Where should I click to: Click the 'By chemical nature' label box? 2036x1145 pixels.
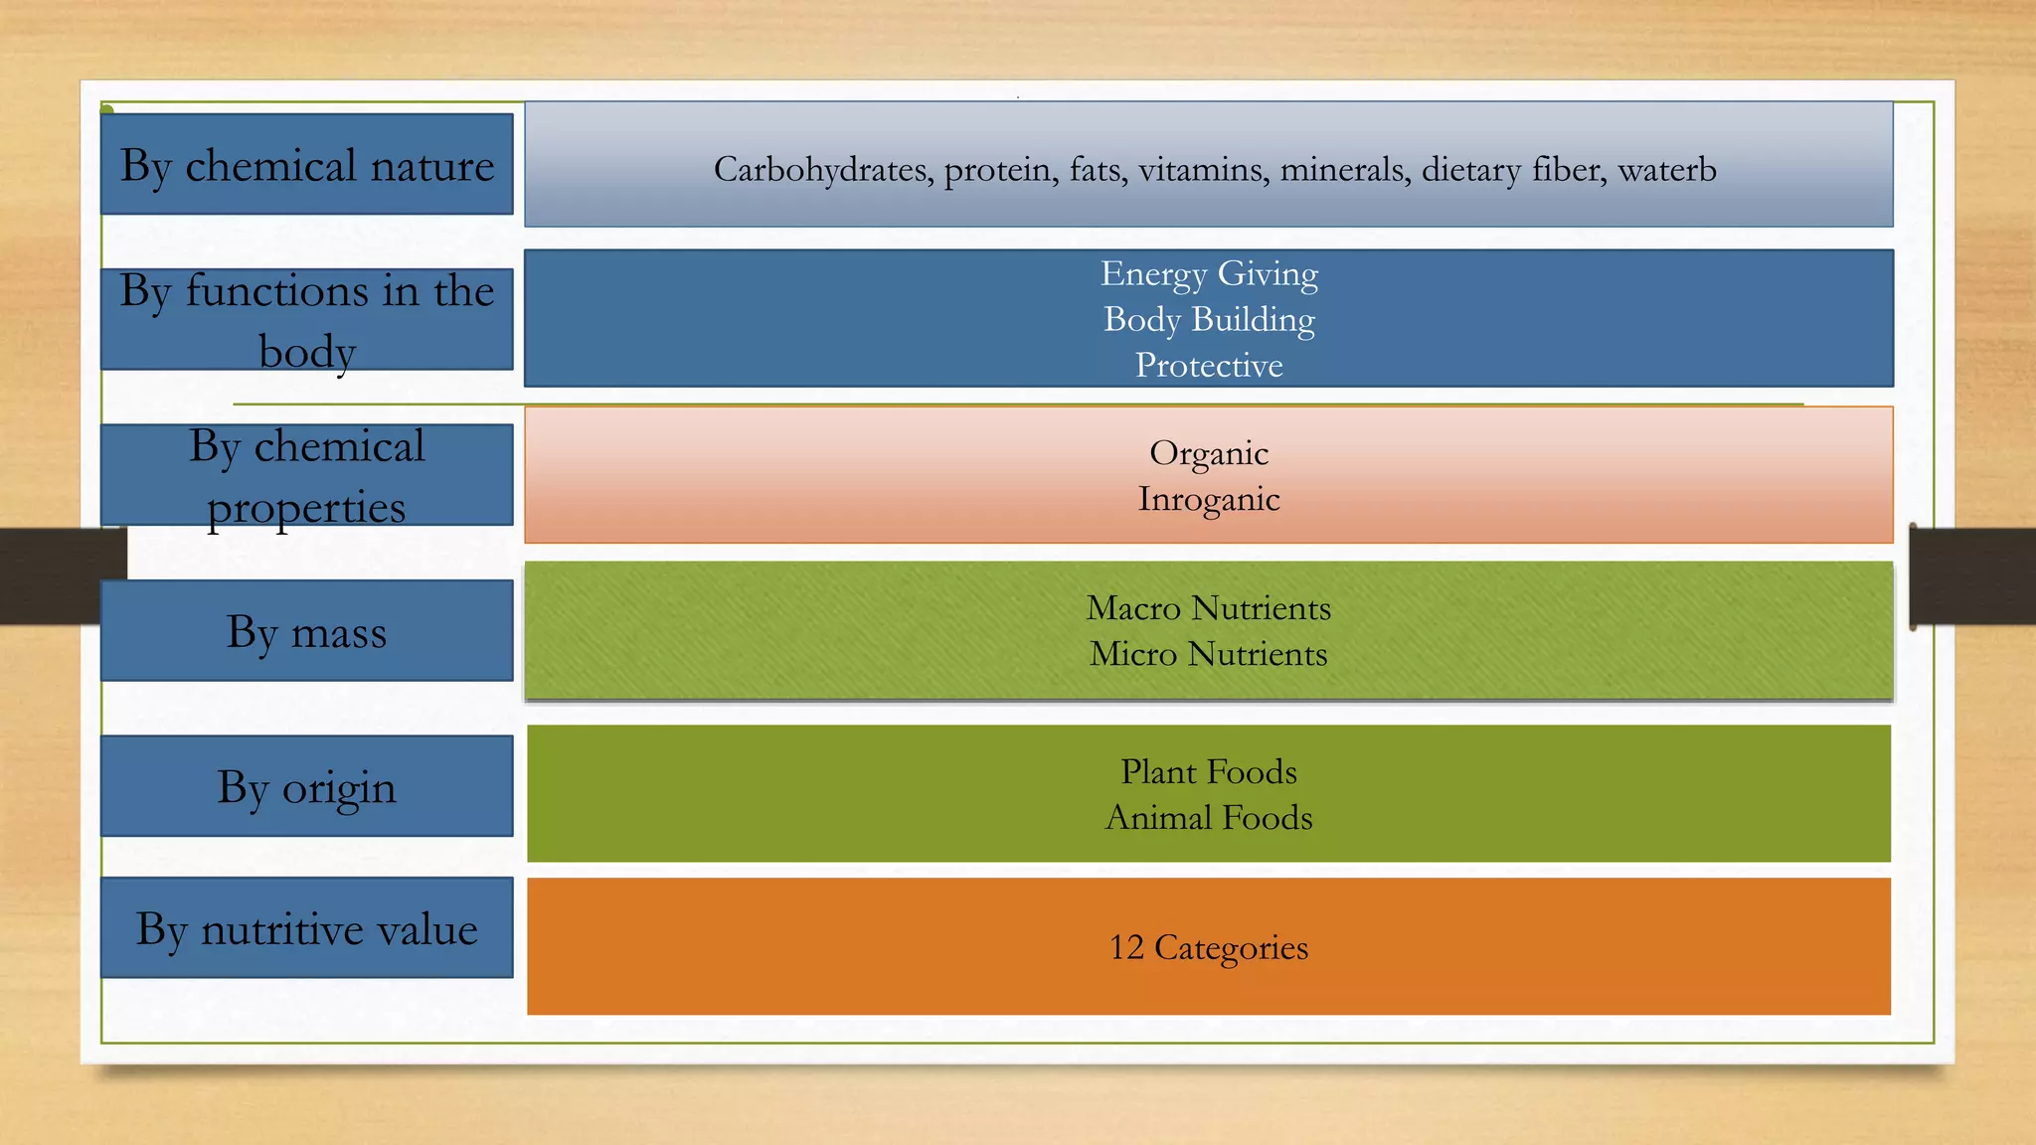click(306, 164)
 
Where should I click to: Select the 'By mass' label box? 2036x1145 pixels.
click(306, 631)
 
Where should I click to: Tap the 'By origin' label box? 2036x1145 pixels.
click(306, 786)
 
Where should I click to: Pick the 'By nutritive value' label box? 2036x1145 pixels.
click(306, 928)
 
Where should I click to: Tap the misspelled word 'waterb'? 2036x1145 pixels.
click(1667, 170)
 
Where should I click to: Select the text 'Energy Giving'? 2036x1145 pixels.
click(1209, 273)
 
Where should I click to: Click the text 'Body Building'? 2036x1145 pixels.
click(1209, 319)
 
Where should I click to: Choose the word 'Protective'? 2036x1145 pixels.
click(1209, 365)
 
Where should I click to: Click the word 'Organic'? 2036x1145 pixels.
click(1209, 453)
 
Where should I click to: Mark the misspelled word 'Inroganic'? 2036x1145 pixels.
click(1209, 499)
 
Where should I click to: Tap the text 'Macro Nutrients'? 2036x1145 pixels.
click(1209, 607)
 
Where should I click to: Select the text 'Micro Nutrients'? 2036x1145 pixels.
click(1209, 654)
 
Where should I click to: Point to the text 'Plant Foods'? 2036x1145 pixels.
click(1209, 771)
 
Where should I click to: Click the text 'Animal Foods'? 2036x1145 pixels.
click(1209, 817)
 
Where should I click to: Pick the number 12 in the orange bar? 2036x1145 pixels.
click(1126, 947)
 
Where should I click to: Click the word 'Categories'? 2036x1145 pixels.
click(1231, 947)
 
